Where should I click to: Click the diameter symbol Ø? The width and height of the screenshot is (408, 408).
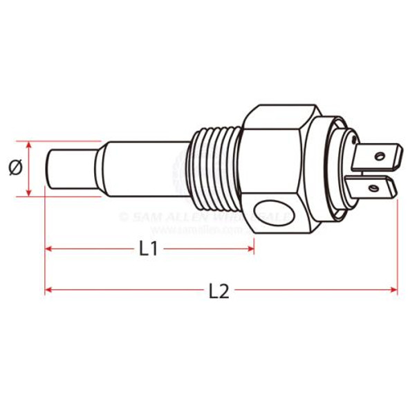[x=16, y=168]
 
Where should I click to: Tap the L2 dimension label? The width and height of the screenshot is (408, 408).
[x=219, y=291]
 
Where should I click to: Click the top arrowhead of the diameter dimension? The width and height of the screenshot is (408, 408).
[x=29, y=146]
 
